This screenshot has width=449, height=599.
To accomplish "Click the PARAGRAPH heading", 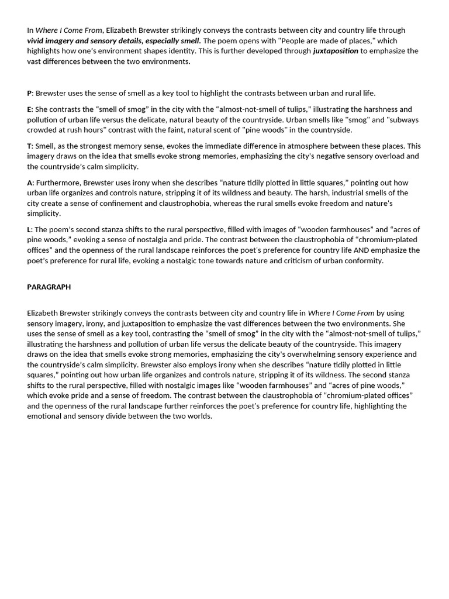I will [49, 287].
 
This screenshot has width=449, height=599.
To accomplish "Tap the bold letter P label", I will [29, 93].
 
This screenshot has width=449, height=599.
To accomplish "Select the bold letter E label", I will [29, 109].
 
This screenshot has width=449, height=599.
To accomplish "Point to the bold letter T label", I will [29, 146].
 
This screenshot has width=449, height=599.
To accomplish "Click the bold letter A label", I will [30, 183].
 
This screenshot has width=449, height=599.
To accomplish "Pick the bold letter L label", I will [29, 229].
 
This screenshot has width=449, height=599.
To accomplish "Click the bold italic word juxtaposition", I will [335, 51].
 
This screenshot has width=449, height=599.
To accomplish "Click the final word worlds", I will [199, 416].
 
